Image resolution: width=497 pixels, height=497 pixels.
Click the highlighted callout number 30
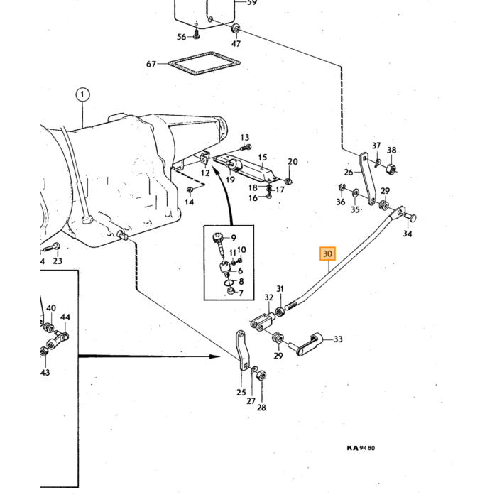pyautogui.click(x=327, y=253)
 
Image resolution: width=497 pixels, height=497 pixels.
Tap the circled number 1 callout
pyautogui.click(x=82, y=94)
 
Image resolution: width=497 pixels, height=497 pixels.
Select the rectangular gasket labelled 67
pyautogui.click(x=204, y=64)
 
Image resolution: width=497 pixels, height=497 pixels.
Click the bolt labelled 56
pyautogui.click(x=196, y=34)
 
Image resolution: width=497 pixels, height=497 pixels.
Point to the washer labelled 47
pyautogui.click(x=236, y=29)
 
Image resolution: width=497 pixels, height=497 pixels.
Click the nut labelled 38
pyautogui.click(x=390, y=169)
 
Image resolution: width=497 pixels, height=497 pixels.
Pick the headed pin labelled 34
pyautogui.click(x=410, y=218)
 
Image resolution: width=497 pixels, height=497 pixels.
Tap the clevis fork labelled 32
pyautogui.click(x=263, y=320)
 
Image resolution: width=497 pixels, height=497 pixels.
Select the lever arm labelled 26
pyautogui.click(x=367, y=178)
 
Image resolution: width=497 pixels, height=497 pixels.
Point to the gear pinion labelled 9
pyautogui.click(x=219, y=245)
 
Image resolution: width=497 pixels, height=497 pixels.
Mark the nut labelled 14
pyautogui.click(x=190, y=190)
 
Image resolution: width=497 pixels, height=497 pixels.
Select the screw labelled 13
pyautogui.click(x=246, y=148)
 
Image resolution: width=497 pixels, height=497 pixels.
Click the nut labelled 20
pyautogui.click(x=288, y=181)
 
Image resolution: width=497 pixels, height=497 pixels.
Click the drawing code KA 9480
pyautogui.click(x=361, y=448)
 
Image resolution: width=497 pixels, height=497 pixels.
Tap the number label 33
pyautogui.click(x=338, y=339)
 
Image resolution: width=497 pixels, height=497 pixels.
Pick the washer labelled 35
pyautogui.click(x=355, y=192)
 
